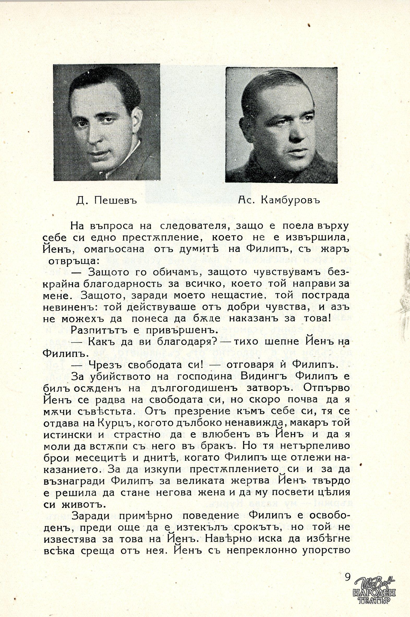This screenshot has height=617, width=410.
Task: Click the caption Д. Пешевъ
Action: coord(107,201)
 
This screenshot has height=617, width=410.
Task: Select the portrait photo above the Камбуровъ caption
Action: coord(281,125)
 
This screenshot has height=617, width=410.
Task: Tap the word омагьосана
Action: coord(114,249)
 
